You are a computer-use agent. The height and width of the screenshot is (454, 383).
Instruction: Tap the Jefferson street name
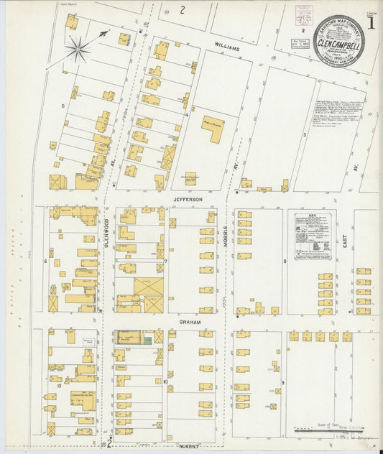coord(188,199)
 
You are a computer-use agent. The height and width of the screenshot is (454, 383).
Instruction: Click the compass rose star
coord(78,50)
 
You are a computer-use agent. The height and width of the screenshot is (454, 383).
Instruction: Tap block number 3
coord(305,134)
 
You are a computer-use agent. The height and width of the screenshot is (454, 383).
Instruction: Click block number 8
coord(285,261)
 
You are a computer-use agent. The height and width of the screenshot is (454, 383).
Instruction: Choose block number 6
coord(45,261)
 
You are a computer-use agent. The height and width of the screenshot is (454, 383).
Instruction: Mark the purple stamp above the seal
coord(304,16)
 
